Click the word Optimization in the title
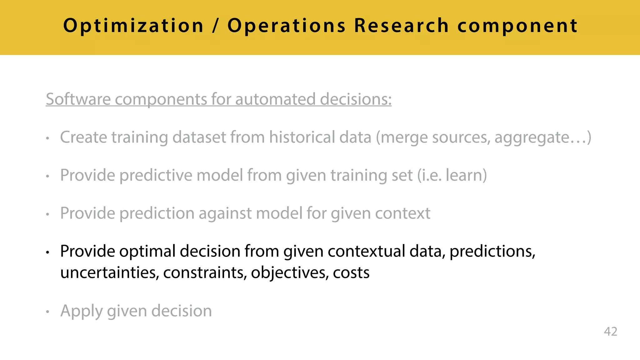pos(133,26)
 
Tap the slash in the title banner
pos(215,26)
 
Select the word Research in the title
pos(401,26)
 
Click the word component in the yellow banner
pos(517,26)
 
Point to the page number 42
pos(610,332)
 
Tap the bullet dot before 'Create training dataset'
pos(47,138)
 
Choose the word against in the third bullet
pos(225,213)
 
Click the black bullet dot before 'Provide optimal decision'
pos(47,252)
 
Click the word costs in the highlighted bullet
pos(351,273)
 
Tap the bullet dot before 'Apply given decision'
pos(47,312)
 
